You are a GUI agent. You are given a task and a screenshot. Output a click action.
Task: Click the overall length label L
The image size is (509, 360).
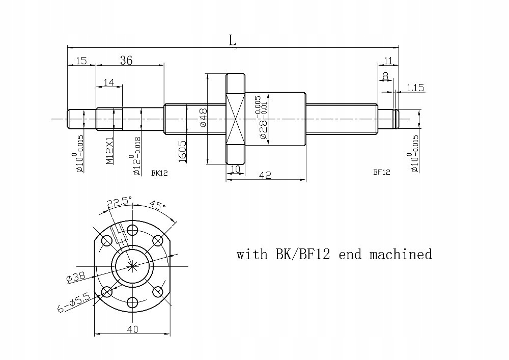[233, 40]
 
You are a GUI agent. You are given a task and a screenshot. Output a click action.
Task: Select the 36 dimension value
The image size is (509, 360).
[126, 60]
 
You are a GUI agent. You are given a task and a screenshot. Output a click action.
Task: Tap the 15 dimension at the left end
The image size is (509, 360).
[80, 61]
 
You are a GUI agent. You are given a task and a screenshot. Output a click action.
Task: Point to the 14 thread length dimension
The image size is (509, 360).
[108, 82]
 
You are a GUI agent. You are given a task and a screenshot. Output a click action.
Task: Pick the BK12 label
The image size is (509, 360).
[159, 173]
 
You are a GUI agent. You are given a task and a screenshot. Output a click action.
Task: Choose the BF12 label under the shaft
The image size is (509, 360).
[381, 172]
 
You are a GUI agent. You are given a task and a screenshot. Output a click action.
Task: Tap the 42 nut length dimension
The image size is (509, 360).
[265, 175]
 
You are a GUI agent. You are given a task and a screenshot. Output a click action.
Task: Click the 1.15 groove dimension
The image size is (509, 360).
[415, 88]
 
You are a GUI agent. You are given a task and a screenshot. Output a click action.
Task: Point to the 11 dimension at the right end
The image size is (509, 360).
[388, 61]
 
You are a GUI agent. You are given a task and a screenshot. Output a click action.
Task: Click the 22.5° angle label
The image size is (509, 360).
[119, 202]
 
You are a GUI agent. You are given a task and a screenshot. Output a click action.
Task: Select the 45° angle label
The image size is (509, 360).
[157, 205]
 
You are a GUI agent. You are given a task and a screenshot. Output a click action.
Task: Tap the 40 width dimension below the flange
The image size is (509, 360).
[132, 329]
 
